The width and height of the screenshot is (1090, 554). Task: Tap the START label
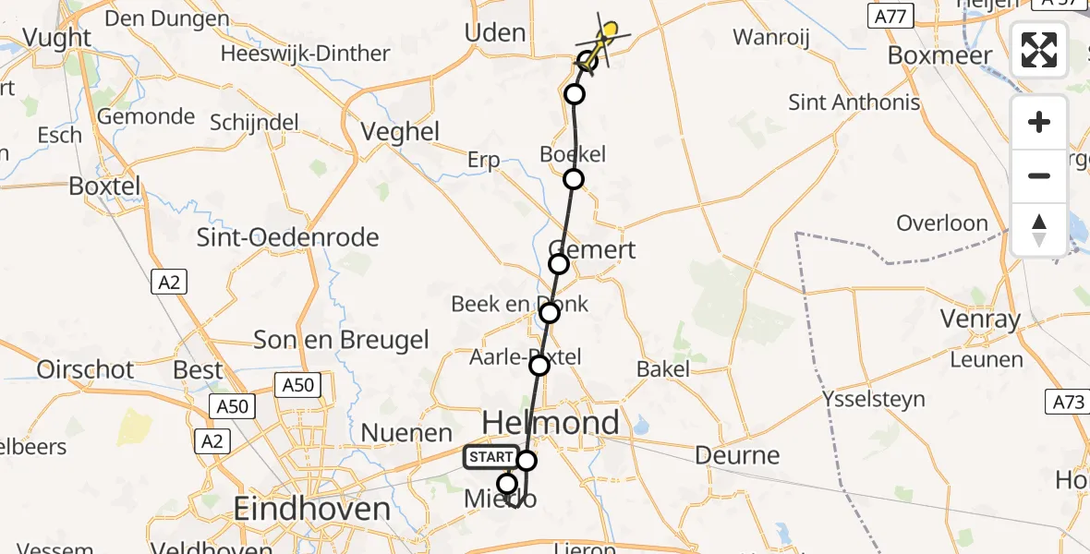point(490,457)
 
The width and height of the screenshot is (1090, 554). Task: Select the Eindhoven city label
point(311,509)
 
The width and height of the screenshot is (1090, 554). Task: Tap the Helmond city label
point(551,423)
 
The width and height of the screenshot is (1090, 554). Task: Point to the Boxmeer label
point(939,55)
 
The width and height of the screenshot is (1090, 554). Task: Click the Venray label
point(980,320)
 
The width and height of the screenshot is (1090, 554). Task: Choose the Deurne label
point(737,455)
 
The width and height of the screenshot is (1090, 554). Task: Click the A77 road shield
point(891,16)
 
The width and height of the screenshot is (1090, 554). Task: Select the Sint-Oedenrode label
point(287,237)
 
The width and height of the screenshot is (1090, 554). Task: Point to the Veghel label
point(400,132)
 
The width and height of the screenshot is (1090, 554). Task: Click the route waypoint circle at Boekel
point(574,179)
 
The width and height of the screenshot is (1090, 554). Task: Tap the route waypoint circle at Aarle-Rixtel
point(539,367)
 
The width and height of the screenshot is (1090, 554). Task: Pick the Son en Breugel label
point(341,340)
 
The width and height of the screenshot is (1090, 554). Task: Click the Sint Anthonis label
point(854,102)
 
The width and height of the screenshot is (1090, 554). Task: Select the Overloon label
point(942,223)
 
